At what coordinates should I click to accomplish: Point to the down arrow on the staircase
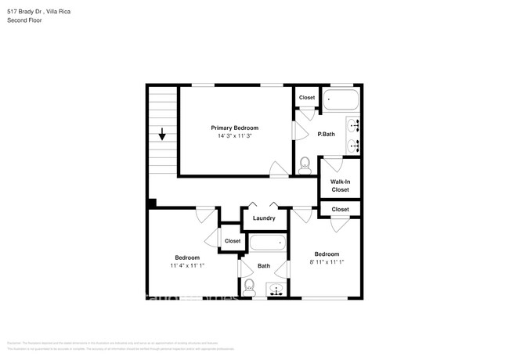162,135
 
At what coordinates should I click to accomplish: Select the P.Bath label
326,135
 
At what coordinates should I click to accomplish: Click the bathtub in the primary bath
340,99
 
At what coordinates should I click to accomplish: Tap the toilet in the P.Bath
305,165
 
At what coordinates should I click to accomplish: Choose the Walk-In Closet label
340,185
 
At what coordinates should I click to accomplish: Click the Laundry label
264,218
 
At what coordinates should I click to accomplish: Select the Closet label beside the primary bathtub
306,98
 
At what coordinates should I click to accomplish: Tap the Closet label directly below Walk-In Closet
340,209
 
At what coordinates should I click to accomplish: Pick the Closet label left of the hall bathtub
233,241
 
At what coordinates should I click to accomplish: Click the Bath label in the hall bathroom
264,266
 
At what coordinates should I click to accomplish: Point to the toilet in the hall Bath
250,286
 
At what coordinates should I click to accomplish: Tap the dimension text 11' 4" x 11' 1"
186,266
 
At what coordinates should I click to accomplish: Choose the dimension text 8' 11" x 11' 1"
327,262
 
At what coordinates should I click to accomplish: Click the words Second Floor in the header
24,20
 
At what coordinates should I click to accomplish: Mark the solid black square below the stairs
152,203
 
